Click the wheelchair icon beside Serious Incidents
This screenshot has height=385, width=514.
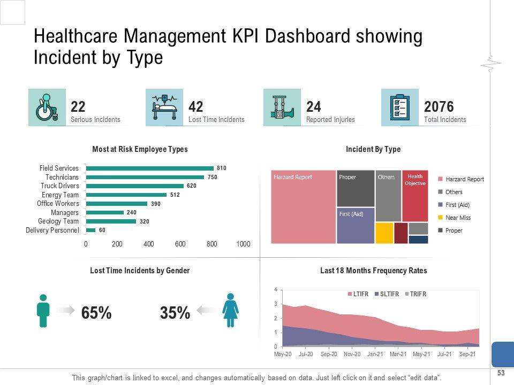click(x=47, y=107)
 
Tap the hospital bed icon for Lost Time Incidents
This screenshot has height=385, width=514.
click(x=164, y=107)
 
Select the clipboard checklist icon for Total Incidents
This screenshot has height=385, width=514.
click(x=400, y=107)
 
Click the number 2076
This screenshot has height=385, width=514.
click(x=439, y=106)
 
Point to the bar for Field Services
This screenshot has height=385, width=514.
click(x=149, y=168)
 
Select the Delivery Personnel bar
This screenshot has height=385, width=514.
click(x=90, y=230)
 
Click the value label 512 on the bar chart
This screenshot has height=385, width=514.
click(x=175, y=195)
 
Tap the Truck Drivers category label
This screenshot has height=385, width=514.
click(x=59, y=186)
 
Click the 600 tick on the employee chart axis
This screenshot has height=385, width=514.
click(x=180, y=244)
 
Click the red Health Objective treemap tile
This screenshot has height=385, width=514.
click(x=415, y=196)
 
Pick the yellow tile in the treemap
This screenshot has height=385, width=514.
click(x=384, y=233)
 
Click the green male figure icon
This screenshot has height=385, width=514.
click(x=43, y=310)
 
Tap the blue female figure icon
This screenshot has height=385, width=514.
click(x=231, y=310)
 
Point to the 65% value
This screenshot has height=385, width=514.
click(x=96, y=313)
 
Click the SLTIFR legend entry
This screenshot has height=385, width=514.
click(x=387, y=294)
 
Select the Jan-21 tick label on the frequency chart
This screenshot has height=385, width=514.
click(x=375, y=354)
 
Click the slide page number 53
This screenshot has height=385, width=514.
click(x=501, y=373)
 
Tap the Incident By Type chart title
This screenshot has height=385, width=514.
click(x=373, y=149)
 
